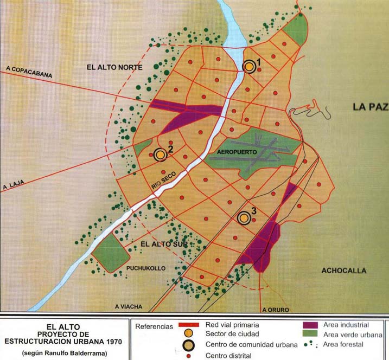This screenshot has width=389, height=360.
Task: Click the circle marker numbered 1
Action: coord(249,66)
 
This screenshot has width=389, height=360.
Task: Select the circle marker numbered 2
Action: coord(160,155)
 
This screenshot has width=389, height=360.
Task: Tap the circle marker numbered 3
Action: coord(244,217)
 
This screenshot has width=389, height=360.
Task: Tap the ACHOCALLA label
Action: coord(343,271)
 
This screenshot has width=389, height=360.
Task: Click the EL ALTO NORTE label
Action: coord(114,67)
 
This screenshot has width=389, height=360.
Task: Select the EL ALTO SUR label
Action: coord(163,245)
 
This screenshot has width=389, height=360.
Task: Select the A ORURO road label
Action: coord(275,310)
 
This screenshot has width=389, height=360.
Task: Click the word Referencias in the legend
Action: coord(155,327)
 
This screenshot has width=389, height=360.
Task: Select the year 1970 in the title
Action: coord(110,342)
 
